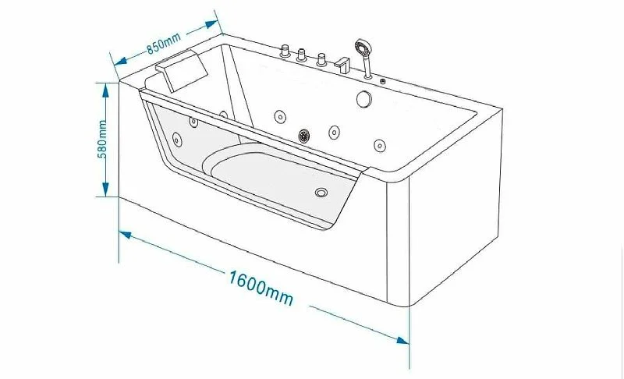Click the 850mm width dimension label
click(164, 43)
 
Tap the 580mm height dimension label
click(102, 139)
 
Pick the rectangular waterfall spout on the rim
click(342, 65)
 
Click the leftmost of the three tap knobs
click(285, 51)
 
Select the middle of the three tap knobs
click(301, 55)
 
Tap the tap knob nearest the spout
click(321, 60)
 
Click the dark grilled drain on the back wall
click(304, 135)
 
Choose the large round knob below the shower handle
click(363, 99)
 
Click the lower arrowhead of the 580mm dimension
click(105, 189)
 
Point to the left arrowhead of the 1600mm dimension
click(126, 235)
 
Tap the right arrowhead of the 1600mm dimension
click(402, 341)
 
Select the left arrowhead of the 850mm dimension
click(120, 61)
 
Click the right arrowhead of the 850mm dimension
click(211, 25)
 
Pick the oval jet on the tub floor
click(321, 193)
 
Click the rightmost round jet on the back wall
click(380, 146)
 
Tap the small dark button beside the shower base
click(383, 82)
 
